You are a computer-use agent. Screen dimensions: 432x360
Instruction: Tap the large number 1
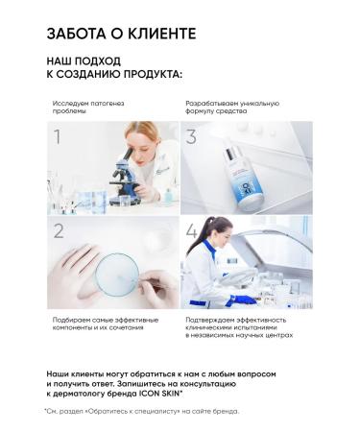[57, 137]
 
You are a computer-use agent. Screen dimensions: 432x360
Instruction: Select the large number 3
[191, 137]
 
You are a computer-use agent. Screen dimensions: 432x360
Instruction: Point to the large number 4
[192, 231]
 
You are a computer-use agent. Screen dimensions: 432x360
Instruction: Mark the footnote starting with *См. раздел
[141, 411]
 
